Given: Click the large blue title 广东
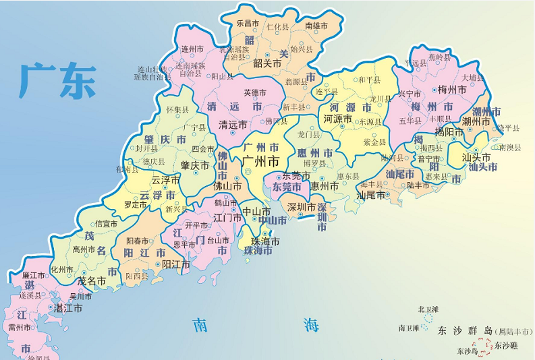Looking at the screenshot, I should click(x=58, y=80).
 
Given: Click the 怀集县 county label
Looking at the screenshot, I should click(x=177, y=109).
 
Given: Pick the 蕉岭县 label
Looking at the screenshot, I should click(x=439, y=57).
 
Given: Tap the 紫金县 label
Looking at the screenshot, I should click(x=374, y=142).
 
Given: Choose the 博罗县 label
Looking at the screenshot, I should click(x=314, y=163).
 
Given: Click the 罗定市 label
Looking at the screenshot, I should click(x=134, y=204).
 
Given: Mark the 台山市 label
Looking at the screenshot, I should click(x=217, y=239).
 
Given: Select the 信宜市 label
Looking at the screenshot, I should click(x=107, y=224).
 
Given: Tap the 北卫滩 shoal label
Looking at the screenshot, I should click(x=427, y=309).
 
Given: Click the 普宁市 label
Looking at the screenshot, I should click(x=429, y=159).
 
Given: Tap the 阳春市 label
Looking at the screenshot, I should click(x=138, y=240).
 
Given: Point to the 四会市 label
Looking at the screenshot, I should click(x=203, y=149).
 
